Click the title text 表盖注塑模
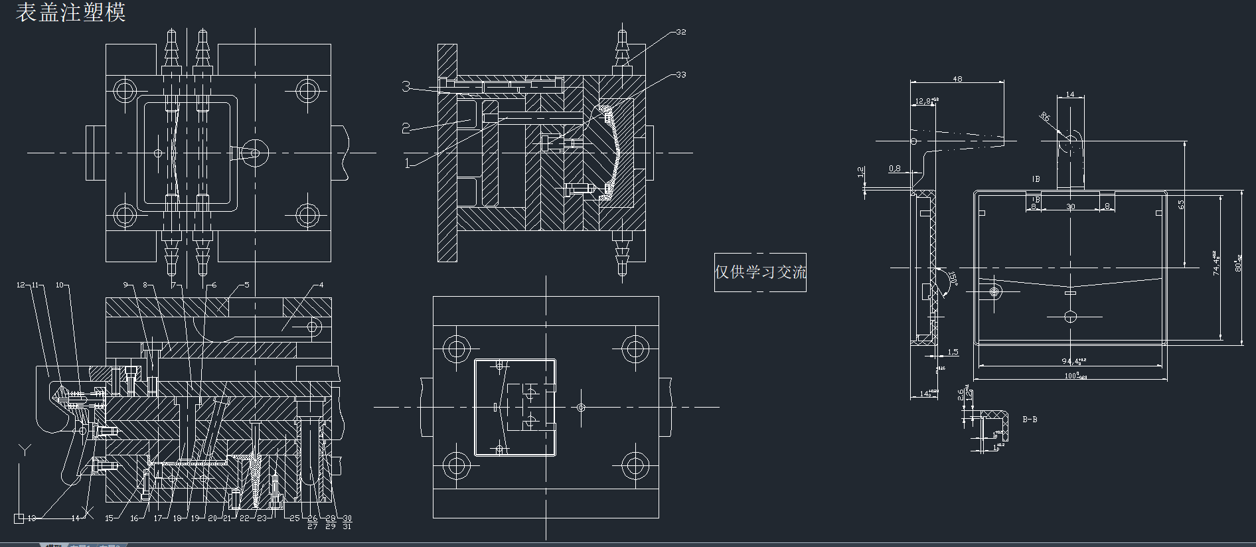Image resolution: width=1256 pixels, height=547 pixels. click(x=70, y=12)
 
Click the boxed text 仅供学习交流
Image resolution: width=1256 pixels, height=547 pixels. click(x=760, y=272)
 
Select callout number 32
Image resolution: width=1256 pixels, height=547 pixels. click(x=681, y=32)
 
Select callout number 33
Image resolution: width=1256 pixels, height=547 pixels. click(x=681, y=75)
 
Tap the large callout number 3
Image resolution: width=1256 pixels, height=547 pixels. click(x=406, y=86)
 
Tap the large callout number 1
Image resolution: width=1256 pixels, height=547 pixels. click(x=408, y=163)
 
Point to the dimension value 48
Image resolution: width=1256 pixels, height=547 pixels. click(x=957, y=79)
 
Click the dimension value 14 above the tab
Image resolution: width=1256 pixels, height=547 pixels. click(x=1069, y=95)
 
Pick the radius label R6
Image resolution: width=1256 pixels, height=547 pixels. click(x=1045, y=117)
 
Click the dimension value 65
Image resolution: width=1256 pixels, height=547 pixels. click(x=1181, y=204)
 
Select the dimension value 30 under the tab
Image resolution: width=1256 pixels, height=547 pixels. click(x=1070, y=207)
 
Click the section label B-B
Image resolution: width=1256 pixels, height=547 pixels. click(x=1030, y=420)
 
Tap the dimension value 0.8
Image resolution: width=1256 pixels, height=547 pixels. click(x=895, y=169)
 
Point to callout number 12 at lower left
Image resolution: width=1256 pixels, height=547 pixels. click(x=21, y=285)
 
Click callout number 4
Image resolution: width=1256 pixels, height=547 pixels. click(x=321, y=285)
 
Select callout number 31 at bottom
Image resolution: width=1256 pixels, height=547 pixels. click(x=347, y=526)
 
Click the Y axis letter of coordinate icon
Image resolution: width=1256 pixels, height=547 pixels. click(x=25, y=450)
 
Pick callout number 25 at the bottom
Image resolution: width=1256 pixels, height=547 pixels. click(x=295, y=518)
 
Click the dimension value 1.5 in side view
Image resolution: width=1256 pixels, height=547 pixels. click(x=953, y=352)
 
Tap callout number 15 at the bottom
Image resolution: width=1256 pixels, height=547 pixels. click(x=110, y=518)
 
